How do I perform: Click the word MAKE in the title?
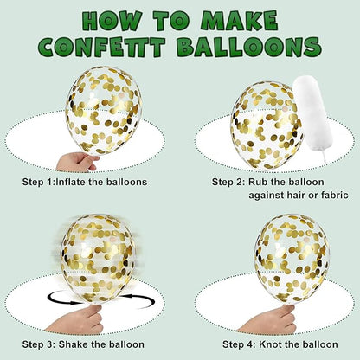[x=239, y=21]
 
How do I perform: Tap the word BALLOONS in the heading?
[x=249, y=46]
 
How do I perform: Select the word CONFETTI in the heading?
[x=102, y=46]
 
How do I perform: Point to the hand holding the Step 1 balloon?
[x=76, y=162]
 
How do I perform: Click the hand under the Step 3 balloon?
[x=78, y=319]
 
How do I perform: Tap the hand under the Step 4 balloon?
[x=268, y=319]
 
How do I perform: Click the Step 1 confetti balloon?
[x=104, y=111]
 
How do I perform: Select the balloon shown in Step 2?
[x=267, y=125]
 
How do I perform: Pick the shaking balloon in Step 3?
[x=98, y=258]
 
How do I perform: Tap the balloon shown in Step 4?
[x=292, y=258]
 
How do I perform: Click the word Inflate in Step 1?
[x=70, y=182]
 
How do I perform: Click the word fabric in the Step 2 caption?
[x=333, y=196]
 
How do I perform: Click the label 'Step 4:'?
[x=239, y=344]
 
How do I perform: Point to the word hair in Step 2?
[x=296, y=196]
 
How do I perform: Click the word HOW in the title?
[x=113, y=21]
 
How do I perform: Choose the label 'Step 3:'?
[x=39, y=344]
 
